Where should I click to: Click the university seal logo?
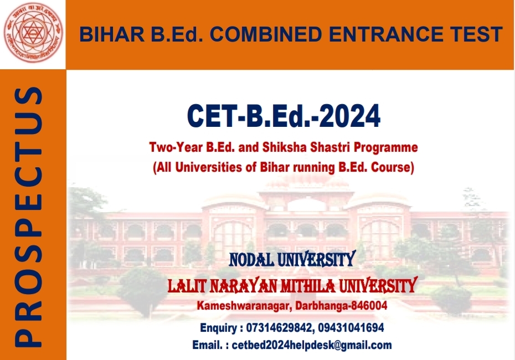(x=33, y=33)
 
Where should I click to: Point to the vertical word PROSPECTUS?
(x=28, y=217)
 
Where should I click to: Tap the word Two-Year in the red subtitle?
(x=176, y=147)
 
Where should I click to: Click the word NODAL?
(x=252, y=260)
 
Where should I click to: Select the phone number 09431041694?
(x=351, y=328)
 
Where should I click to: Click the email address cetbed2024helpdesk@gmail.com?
(x=312, y=345)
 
